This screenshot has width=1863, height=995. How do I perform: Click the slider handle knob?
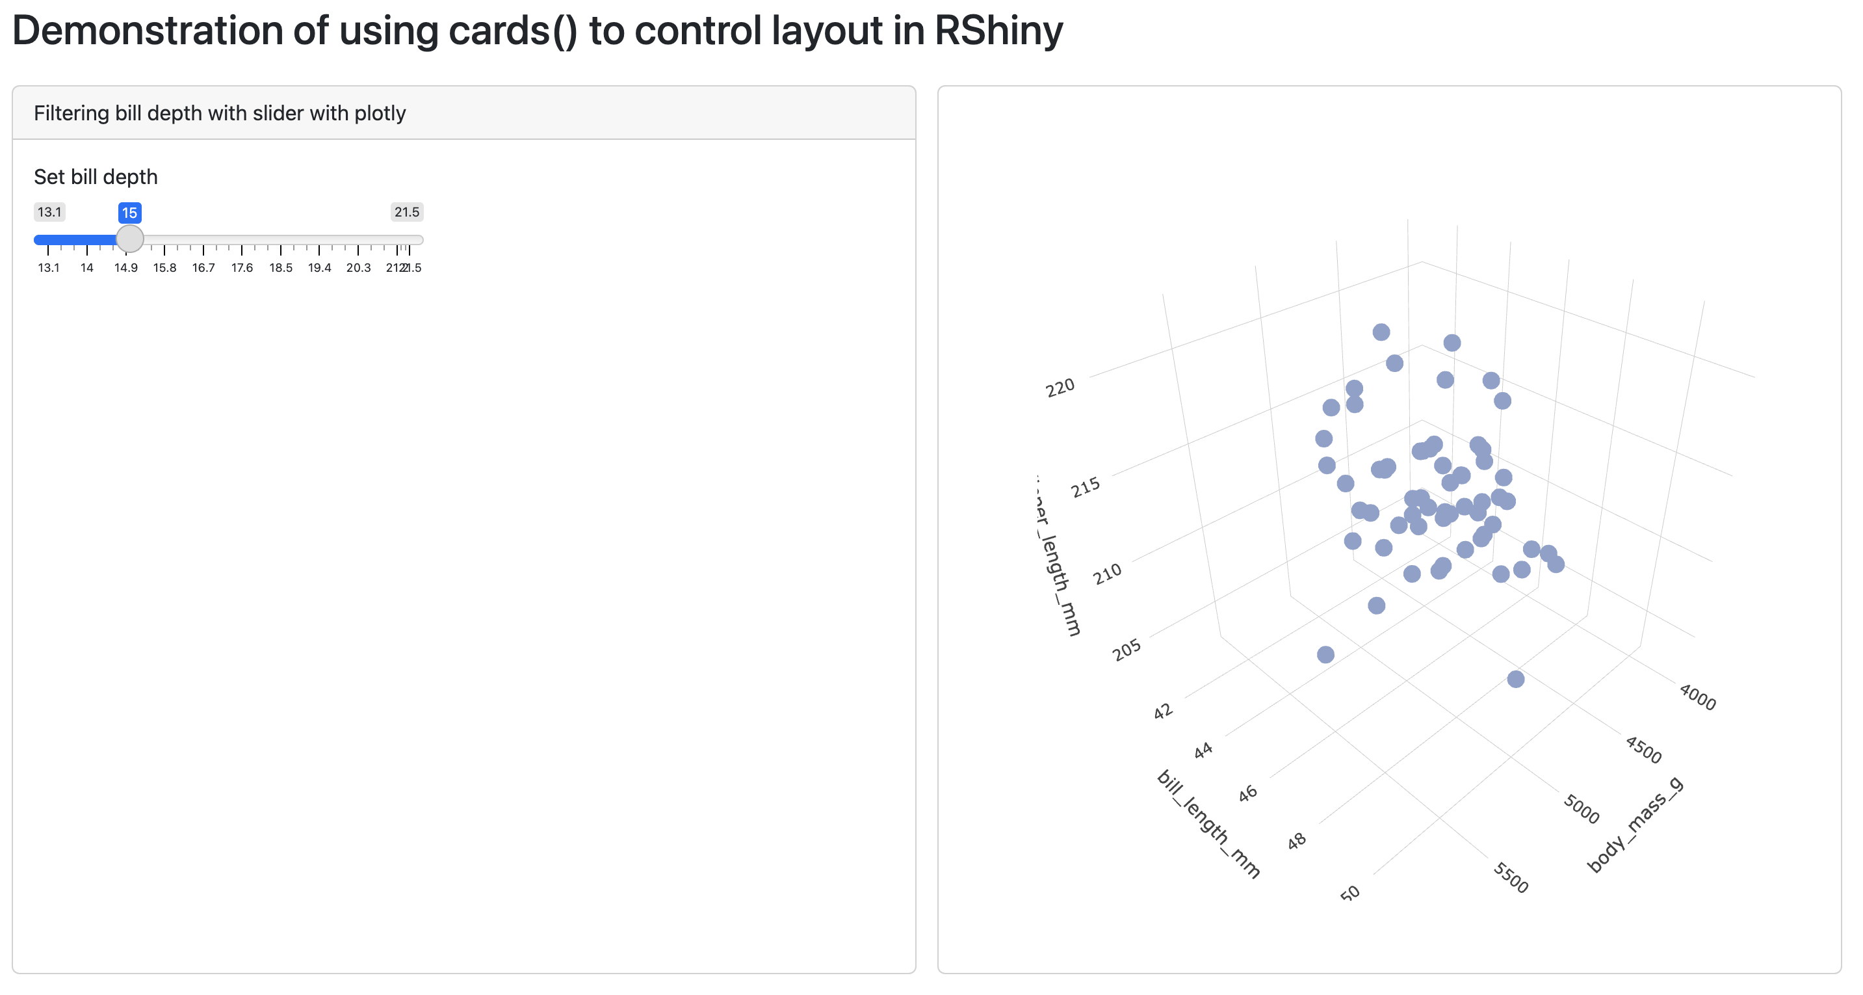(130, 238)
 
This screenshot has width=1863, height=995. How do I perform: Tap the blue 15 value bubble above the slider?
(129, 213)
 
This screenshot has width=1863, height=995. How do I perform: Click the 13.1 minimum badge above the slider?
(49, 212)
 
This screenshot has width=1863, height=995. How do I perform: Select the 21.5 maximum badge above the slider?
(406, 212)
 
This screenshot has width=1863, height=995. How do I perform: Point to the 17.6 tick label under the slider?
(242, 268)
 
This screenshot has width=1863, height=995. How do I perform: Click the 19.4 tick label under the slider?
(319, 268)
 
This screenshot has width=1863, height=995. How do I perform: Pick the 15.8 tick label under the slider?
(164, 268)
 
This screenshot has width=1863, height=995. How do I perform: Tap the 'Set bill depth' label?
(96, 177)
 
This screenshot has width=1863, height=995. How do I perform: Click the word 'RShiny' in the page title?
(998, 31)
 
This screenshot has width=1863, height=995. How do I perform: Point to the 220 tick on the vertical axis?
(1060, 388)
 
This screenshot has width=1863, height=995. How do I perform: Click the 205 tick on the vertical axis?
(1126, 649)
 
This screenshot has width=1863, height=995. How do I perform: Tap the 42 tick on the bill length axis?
(1162, 711)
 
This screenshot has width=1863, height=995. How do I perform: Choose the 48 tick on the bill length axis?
(1297, 840)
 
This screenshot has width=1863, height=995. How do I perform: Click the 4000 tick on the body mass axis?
(1697, 697)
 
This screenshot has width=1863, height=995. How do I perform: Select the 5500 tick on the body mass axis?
(1511, 878)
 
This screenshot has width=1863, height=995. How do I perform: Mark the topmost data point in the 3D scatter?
(1381, 332)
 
